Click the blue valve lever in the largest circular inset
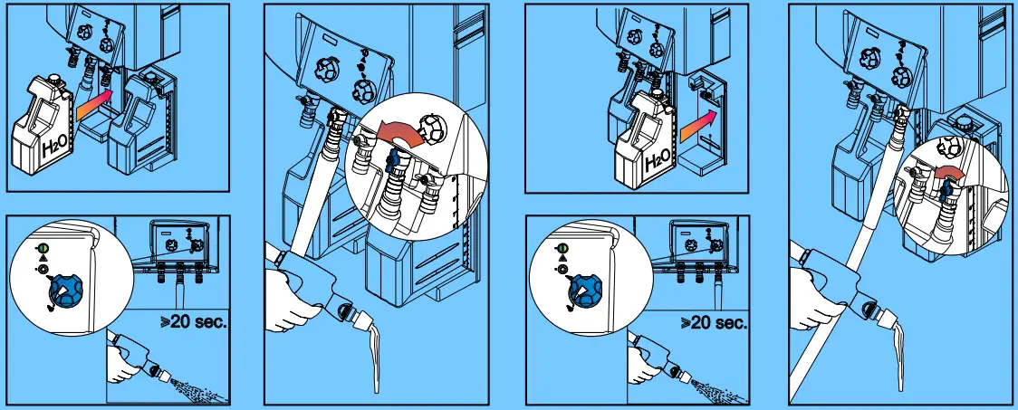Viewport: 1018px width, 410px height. (x=392, y=162)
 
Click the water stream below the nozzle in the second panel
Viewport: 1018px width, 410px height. (x=376, y=358)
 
